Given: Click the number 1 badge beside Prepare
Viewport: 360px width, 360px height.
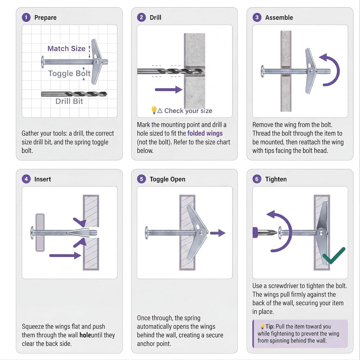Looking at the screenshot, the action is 26,17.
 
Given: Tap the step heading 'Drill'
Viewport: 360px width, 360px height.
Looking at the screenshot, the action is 156,17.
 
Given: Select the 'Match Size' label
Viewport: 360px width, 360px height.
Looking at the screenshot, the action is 66,49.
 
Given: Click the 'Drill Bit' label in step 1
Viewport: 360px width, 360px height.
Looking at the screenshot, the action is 69,101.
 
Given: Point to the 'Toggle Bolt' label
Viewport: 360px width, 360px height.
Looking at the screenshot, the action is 69,73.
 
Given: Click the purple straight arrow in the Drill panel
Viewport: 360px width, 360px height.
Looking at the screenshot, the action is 168,90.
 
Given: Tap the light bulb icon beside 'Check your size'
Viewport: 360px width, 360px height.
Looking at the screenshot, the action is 154,110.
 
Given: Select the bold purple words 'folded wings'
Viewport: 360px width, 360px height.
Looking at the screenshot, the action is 205,134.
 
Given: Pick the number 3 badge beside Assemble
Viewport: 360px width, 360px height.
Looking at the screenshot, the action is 257,17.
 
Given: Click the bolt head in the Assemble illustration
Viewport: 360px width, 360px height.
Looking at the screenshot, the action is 263,71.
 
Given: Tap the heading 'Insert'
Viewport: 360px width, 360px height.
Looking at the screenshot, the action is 43,179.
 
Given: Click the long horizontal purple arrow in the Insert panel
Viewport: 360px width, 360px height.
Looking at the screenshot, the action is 65,256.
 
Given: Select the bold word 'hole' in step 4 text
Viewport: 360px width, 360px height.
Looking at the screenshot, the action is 85,335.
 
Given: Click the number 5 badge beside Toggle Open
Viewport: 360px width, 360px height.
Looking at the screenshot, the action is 141,179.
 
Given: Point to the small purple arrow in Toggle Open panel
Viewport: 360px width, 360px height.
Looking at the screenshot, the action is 218,233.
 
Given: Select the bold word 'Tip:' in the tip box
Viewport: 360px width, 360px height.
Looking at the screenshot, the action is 270,327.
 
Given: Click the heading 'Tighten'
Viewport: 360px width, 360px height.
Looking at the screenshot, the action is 276,179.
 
